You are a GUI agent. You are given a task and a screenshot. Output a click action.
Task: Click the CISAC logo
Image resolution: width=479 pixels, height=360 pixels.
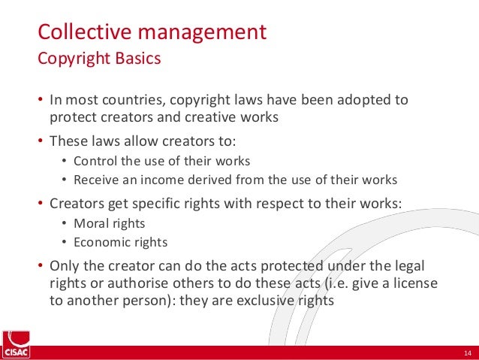[x=17, y=344]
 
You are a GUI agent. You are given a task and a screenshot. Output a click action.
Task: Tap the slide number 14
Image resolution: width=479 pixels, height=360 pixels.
[x=468, y=353]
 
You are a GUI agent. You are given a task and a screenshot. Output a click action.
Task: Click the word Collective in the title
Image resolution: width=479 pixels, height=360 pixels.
[x=85, y=32]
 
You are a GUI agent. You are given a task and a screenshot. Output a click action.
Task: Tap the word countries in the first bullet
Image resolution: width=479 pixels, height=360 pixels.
[x=134, y=100]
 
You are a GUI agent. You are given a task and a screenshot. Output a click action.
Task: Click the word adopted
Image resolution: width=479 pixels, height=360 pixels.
[x=363, y=100]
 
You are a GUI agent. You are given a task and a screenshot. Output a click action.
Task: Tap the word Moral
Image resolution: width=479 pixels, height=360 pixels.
[x=89, y=223]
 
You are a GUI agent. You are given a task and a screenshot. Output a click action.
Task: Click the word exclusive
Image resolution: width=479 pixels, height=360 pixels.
[x=265, y=301]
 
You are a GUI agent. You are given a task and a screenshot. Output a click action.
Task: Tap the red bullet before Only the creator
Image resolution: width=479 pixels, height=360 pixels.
[x=41, y=265]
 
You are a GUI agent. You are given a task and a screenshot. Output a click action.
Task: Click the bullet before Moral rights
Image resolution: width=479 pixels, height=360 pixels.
[x=64, y=223]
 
